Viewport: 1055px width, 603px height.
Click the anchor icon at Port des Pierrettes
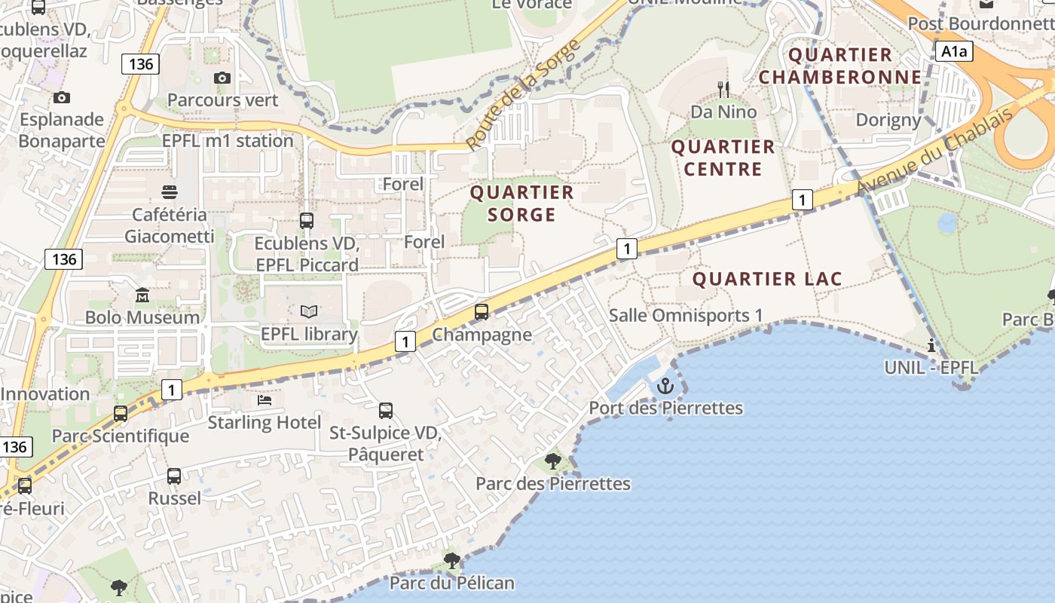click(665, 387)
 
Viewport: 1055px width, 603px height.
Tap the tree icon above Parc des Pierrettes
click(553, 461)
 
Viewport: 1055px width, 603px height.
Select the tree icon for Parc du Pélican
click(452, 560)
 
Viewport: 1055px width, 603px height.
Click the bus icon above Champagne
click(482, 311)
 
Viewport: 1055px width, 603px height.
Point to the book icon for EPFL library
click(309, 311)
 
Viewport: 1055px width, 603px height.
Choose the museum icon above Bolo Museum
click(142, 295)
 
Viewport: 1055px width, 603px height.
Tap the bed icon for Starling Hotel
click(264, 400)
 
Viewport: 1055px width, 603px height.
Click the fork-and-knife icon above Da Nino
click(723, 90)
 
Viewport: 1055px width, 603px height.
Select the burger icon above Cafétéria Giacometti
click(170, 192)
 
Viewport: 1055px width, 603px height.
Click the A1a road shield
click(954, 51)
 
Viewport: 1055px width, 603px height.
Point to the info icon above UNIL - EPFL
click(932, 345)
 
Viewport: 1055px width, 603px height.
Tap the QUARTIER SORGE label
click(521, 204)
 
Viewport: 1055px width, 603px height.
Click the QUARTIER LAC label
click(767, 279)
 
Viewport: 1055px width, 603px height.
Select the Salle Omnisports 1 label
click(686, 315)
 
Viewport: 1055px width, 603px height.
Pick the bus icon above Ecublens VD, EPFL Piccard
click(307, 221)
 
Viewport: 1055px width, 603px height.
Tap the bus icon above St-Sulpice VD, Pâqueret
click(386, 411)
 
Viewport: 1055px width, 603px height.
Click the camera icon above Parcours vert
click(222, 78)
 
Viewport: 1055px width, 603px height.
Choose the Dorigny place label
click(888, 119)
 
